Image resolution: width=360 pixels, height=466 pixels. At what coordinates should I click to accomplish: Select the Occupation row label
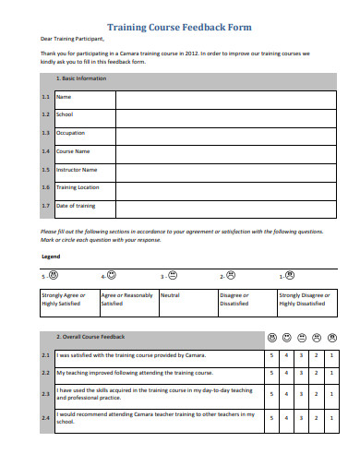(71, 133)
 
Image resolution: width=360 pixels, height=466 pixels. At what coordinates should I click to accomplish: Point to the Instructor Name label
(77, 170)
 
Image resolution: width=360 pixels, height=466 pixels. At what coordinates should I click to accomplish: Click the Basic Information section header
(82, 78)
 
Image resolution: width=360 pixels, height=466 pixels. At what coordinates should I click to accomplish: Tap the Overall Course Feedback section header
(90, 337)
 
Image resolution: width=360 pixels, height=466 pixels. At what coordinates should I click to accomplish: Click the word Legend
(52, 256)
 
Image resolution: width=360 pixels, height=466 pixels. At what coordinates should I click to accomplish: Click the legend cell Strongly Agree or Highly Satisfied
(67, 299)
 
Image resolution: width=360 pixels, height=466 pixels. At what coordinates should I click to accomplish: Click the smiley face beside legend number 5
(53, 275)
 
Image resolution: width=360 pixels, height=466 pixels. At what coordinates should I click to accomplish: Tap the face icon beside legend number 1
(290, 275)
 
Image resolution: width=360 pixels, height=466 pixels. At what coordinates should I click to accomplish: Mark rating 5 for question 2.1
(271, 355)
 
